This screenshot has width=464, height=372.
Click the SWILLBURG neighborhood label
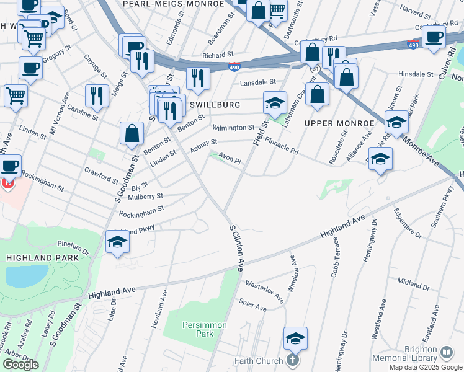click(x=215, y=105)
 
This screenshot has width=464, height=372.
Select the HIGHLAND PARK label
click(x=43, y=257)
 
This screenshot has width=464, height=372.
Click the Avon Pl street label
click(x=229, y=159)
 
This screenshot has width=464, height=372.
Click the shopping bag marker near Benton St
click(x=132, y=133)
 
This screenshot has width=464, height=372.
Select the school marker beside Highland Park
click(x=116, y=241)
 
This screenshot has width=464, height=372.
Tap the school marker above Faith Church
click(x=296, y=338)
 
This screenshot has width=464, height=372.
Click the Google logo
click(x=20, y=365)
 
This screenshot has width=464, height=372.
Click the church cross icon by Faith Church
click(x=293, y=361)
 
